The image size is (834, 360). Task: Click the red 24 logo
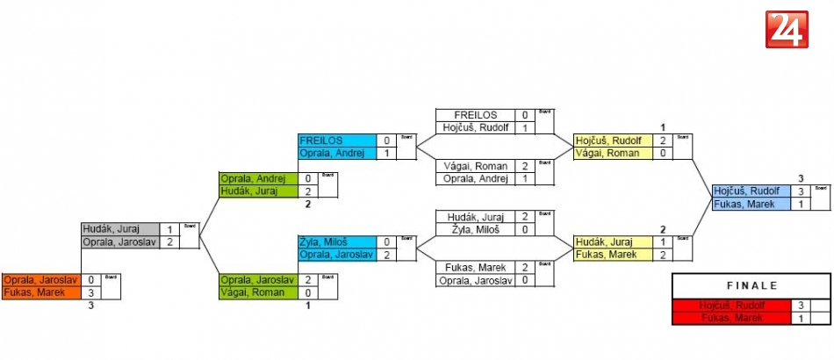pyautogui.click(x=787, y=30)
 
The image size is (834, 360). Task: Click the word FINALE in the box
pyautogui.click(x=751, y=286)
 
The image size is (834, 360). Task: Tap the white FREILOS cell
pyautogui.click(x=475, y=115)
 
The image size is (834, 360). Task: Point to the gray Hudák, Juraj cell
pyautogui.click(x=120, y=229)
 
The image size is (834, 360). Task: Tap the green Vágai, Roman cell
pyautogui.click(x=256, y=292)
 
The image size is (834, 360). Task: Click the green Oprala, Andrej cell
pyautogui.click(x=256, y=178)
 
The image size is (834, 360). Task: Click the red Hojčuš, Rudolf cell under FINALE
pyautogui.click(x=731, y=306)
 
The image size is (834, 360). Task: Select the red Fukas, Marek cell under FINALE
pyautogui.click(x=731, y=318)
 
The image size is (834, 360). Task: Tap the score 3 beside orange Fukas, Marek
pyautogui.click(x=90, y=292)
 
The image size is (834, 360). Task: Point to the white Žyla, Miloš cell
pyautogui.click(x=475, y=229)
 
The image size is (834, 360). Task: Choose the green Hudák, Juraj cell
pyautogui.click(x=256, y=191)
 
